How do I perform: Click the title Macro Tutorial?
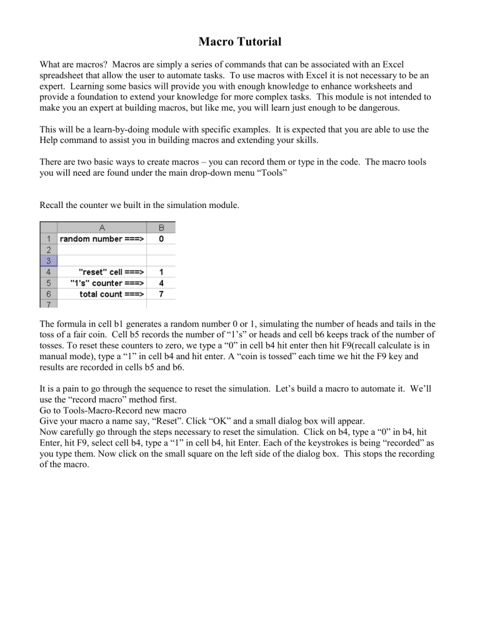coord(240,42)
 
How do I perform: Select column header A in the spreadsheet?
coord(101,227)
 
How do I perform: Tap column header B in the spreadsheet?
coord(161,227)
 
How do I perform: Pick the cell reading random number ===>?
coord(101,238)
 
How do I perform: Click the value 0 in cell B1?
coord(161,238)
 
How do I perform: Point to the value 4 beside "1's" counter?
coord(161,283)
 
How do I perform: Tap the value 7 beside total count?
coord(161,294)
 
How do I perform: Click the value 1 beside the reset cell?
coord(161,272)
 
